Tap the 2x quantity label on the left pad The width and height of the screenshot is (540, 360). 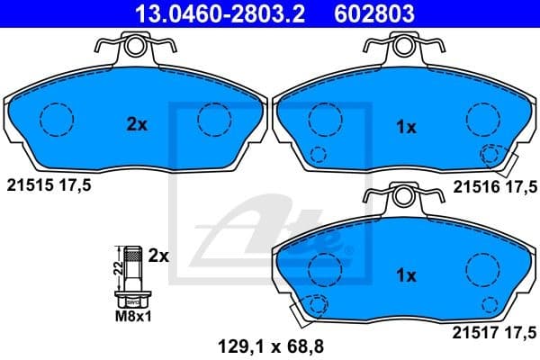[x=137, y=126]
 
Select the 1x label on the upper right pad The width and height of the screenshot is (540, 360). [x=406, y=128]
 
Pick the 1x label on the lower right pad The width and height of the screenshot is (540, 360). [x=406, y=275]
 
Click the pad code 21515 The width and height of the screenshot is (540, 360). [x=29, y=185]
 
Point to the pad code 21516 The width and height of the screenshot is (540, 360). [x=474, y=186]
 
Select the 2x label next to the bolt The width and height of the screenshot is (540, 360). [x=158, y=256]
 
